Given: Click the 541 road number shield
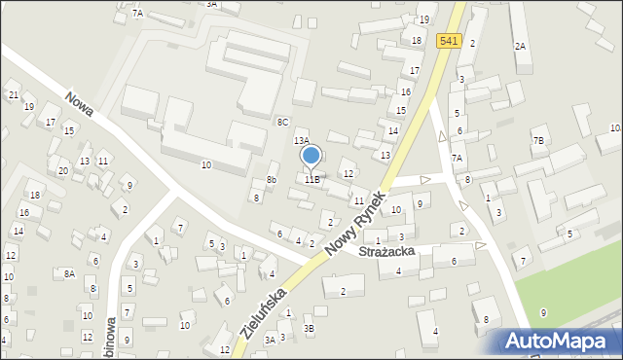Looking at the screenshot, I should [448, 40].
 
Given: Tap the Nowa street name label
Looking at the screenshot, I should [81, 107].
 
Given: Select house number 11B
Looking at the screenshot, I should [311, 179].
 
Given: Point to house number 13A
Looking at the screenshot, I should [302, 141].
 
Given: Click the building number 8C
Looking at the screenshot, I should [282, 122].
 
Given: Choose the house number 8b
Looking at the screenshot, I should [273, 179].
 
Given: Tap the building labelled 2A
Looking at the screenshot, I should [521, 47].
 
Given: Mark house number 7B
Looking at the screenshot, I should [538, 141].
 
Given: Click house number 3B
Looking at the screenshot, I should [309, 329].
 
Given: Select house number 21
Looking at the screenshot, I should [13, 94].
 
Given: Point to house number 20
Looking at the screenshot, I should [62, 171].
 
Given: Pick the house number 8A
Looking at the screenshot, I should [69, 274].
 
